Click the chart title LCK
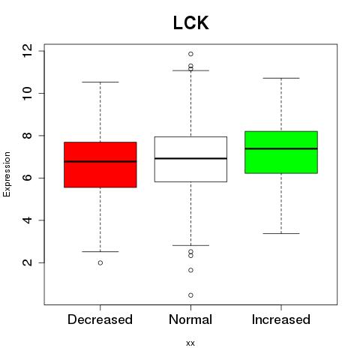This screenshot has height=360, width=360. pos(190,22)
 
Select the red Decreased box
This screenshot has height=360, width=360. pos(100,165)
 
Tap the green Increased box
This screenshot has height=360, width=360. pos(281,152)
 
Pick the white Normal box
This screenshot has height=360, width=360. pos(190,159)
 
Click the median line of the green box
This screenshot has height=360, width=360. pos(281,148)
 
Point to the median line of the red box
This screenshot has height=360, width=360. pos(100,161)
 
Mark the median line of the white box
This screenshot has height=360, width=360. pos(190,158)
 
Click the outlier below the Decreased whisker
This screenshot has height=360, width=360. pos(100,262)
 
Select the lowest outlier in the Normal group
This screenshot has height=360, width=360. pos(190,295)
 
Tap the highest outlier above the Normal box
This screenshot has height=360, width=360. pos(190,54)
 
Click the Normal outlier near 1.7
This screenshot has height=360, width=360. pos(190,270)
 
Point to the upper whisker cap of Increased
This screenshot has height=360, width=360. pos(281,78)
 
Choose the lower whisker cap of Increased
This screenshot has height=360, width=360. pos(281,233)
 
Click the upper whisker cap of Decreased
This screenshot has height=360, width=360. pos(100,82)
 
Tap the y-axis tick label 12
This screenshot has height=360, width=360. pos(28,51)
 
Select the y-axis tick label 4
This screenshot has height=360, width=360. pos(28,220)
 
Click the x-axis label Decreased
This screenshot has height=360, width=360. pos(100,319)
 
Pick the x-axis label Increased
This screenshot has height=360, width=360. pos(281,319)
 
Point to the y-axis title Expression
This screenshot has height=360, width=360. pos(7,174)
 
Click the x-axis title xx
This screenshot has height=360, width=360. pos(190,343)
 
